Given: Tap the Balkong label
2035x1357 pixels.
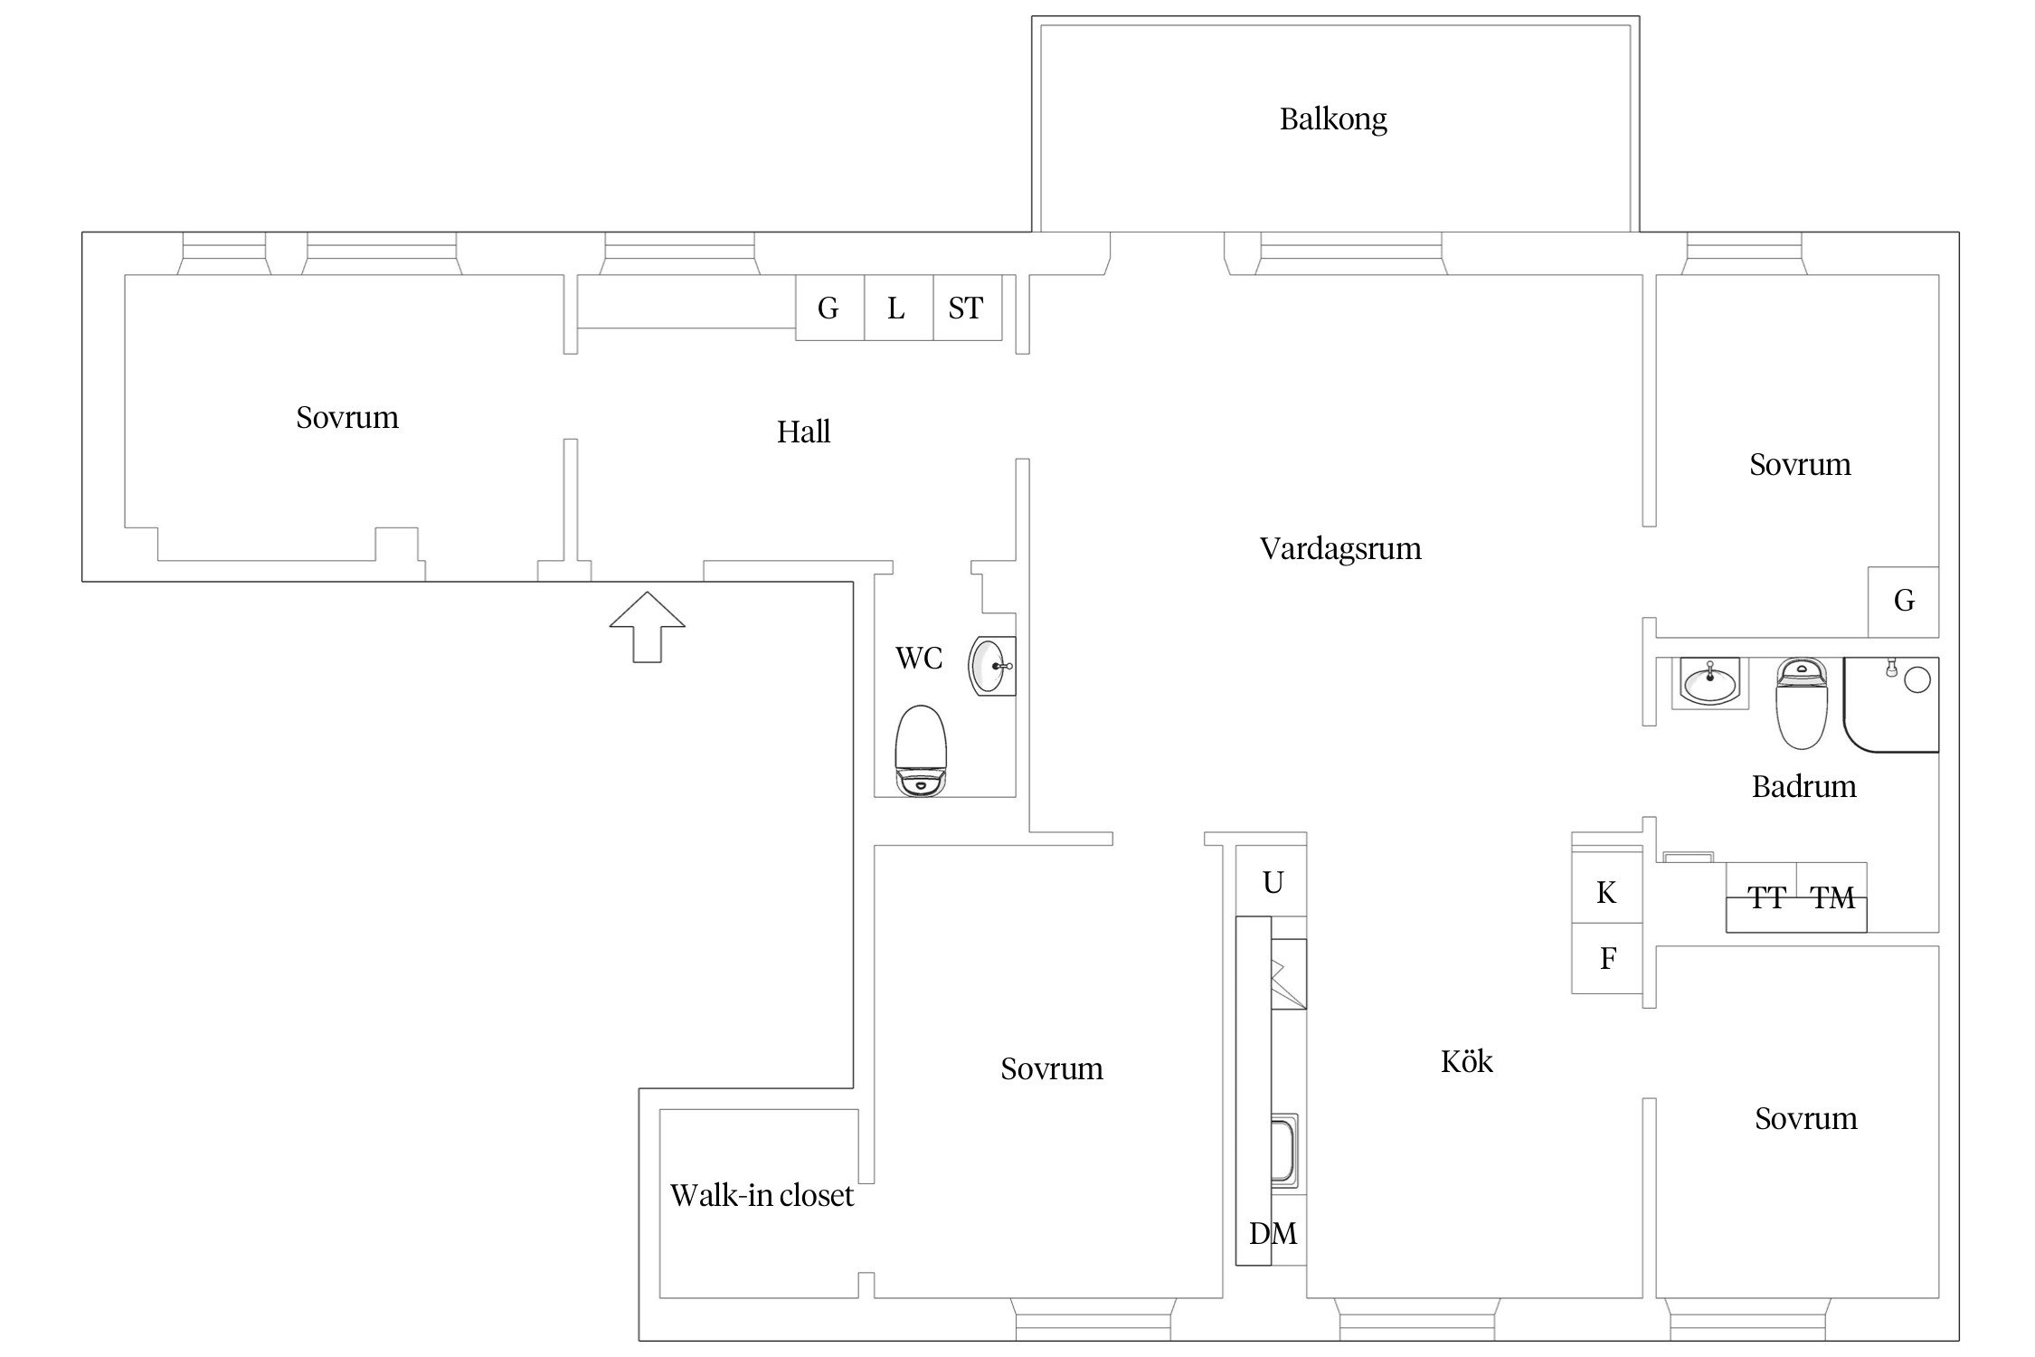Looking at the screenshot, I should pos(1333,119).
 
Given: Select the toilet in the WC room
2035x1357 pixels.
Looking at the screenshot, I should pos(920,751).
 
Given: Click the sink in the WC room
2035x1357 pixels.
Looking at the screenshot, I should pos(992,667).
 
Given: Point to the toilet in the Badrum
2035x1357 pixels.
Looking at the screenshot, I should pos(1801,703).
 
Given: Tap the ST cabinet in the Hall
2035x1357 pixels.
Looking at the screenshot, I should pos(966,308).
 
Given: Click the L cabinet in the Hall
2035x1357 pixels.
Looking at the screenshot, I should pos(897,308).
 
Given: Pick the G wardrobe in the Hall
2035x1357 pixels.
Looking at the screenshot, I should pos(828,308).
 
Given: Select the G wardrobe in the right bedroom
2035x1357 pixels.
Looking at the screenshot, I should pos(1903,601).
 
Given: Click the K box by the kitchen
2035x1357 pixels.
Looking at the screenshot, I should pos(1606,893).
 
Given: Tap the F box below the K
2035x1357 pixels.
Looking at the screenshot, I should pos(1607,959).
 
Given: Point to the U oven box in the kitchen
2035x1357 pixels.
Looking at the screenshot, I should pos(1273,882).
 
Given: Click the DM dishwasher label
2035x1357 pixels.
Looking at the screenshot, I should pos(1273,1233).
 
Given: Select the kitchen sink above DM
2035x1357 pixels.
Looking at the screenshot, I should pos(1283,1149).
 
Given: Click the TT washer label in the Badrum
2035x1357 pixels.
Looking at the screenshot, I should pos(1765,898).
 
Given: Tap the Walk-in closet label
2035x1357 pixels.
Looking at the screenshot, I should pos(762,1195).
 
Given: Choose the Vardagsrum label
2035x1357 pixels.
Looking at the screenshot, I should pos(1339,548).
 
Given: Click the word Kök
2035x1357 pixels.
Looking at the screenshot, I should pos(1466,1061).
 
